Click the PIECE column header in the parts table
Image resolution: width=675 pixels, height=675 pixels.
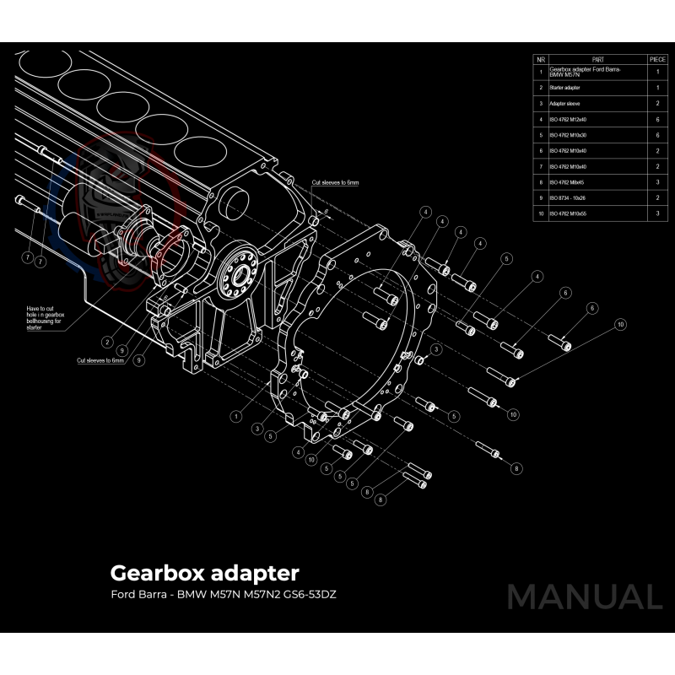tap(657, 60)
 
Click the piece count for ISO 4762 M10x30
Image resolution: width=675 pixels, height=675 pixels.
tap(657, 135)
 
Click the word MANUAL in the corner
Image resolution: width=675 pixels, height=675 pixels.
tap(584, 597)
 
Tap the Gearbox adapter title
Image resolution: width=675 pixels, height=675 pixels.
tap(204, 574)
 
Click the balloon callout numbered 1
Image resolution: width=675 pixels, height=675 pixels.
tap(235, 415)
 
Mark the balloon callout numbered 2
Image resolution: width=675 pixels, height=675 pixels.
tap(108, 342)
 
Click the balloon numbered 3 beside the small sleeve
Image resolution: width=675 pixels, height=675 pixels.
tap(436, 348)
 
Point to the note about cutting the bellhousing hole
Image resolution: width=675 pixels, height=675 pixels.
tap(46, 318)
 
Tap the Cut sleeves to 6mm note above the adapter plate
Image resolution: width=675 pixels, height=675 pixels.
tap(335, 182)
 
